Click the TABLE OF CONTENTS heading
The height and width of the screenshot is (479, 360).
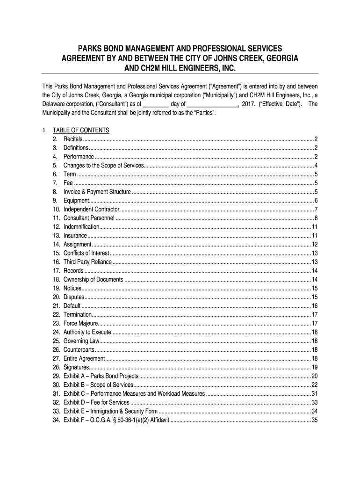pyautogui.click(x=81, y=130)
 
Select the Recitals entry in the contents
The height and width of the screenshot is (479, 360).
pyautogui.click(x=73, y=139)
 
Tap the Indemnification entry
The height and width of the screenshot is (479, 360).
pyautogui.click(x=81, y=226)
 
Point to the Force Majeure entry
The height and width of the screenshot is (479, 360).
pyautogui.click(x=80, y=323)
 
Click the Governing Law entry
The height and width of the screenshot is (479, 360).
pyautogui.click(x=80, y=341)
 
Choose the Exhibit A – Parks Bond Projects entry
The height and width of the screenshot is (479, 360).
pyautogui.click(x=101, y=376)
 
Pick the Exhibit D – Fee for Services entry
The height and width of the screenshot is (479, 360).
pyautogui.click(x=96, y=402)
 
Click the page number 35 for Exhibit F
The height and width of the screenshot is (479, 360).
pyautogui.click(x=315, y=420)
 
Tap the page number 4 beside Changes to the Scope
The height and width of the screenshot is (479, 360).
pyautogui.click(x=317, y=165)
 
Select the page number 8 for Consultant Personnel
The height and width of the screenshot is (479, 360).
pyautogui.click(x=317, y=218)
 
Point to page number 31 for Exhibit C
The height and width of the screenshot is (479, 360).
pyautogui.click(x=315, y=393)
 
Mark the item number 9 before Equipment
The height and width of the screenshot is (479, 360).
pyautogui.click(x=55, y=200)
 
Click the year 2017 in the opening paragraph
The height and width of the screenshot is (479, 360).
pyautogui.click(x=249, y=104)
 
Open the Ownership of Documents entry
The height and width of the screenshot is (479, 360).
pyautogui.click(x=94, y=279)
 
